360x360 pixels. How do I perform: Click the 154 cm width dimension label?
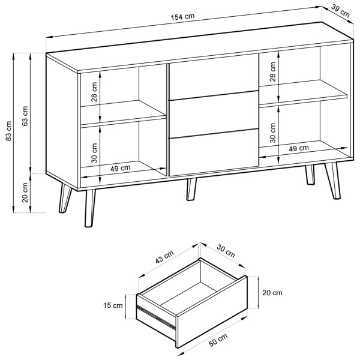182,17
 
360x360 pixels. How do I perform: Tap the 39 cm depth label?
340,11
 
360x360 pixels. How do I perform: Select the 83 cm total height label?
8,131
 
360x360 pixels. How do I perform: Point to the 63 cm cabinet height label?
25,116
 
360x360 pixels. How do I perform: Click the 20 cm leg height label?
25,193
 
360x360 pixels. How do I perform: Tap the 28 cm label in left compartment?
94,92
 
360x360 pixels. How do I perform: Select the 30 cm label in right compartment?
273,133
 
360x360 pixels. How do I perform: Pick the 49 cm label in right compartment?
299,148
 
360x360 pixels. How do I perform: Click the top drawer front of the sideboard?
214,77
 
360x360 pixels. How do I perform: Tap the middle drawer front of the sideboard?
214,115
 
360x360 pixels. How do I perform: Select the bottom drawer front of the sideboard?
214,152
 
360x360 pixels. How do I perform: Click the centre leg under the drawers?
191,189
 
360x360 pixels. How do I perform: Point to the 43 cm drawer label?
164,257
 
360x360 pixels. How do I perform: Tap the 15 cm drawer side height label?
113,305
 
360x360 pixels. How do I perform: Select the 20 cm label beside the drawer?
272,293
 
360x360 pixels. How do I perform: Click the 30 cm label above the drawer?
226,251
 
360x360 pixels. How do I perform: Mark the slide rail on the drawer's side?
156,317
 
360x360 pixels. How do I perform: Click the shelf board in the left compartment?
124,113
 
